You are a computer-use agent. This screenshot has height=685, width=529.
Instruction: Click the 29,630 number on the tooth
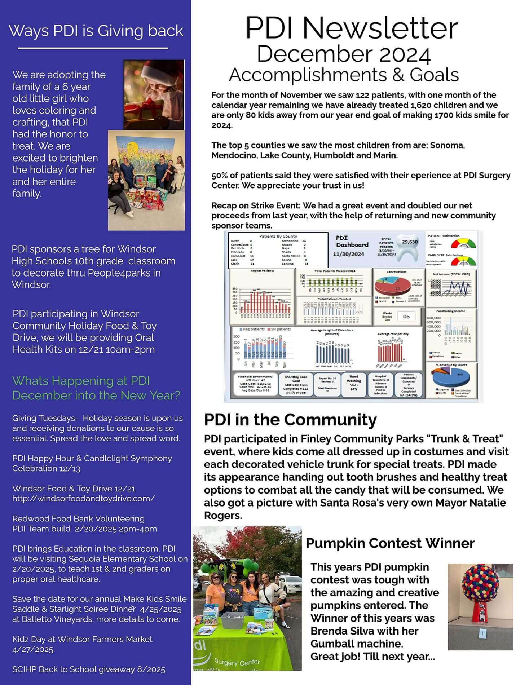tap(410, 242)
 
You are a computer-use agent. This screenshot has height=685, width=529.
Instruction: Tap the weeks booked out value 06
tap(406, 317)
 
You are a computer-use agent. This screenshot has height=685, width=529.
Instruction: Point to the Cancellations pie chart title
tap(396, 272)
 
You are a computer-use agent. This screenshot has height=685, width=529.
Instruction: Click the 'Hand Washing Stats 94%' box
tap(353, 385)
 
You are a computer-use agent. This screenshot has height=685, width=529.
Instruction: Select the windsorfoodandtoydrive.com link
tap(83, 499)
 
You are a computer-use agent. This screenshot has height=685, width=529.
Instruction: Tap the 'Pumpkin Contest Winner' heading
tap(390, 543)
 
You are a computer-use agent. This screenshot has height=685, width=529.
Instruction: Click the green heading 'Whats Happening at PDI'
tap(81, 381)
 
